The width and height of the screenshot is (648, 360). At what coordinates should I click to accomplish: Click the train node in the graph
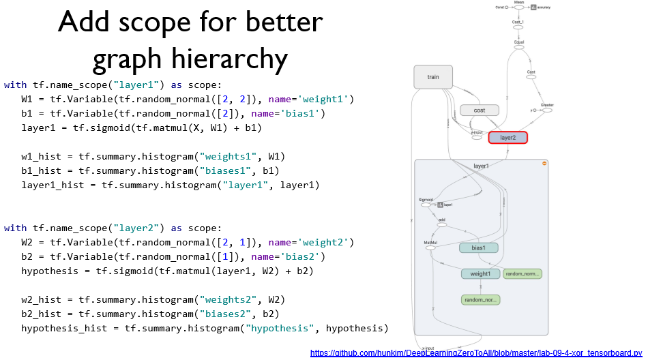[x=433, y=77]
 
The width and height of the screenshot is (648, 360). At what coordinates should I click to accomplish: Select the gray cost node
[x=480, y=110]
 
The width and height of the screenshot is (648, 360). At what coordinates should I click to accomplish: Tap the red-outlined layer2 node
[x=507, y=138]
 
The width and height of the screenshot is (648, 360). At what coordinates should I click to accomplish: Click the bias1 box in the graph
[x=478, y=248]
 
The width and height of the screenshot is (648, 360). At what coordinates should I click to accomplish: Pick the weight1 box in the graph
[x=480, y=274]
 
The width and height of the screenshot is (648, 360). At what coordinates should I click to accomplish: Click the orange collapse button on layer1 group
[x=544, y=164]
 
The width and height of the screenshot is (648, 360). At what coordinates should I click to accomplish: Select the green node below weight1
[x=480, y=299]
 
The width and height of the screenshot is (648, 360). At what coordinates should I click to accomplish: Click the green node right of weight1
[x=522, y=274]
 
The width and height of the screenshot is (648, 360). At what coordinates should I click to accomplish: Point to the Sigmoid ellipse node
[x=426, y=204]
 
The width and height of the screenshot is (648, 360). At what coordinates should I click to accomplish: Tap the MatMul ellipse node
[x=430, y=247]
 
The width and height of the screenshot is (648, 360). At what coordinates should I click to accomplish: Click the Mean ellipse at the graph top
[x=519, y=7]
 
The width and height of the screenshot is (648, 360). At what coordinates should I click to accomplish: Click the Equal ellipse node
[x=519, y=46]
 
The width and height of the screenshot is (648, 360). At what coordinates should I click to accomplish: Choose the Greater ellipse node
[x=547, y=109]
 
